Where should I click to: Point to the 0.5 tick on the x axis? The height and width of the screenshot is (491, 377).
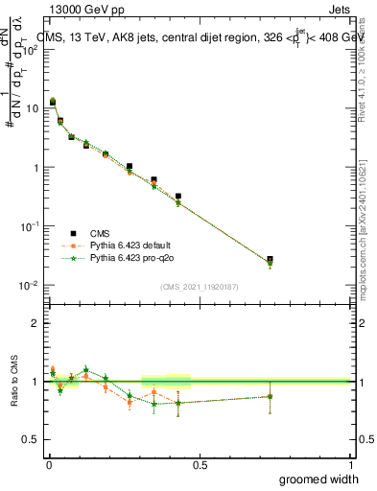[x=199, y=464]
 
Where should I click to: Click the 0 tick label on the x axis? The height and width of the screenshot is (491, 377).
[x=48, y=464]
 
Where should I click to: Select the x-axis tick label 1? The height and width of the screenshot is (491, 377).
[x=349, y=464]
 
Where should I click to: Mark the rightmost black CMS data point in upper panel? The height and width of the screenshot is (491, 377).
[x=270, y=260]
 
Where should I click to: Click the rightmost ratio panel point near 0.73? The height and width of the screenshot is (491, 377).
[x=270, y=396]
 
